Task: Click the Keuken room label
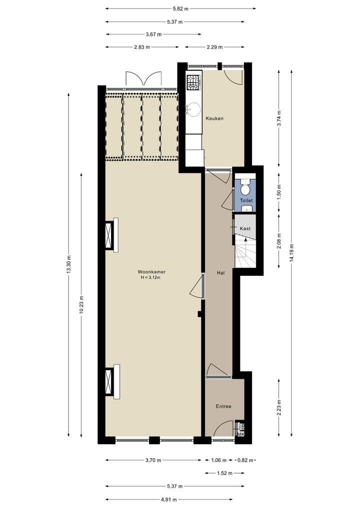coord(214,118)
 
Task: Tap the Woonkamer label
coord(152,272)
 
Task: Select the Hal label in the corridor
coord(220,273)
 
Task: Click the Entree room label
coord(223,406)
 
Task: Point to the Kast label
coord(245,228)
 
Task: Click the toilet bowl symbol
coord(245,189)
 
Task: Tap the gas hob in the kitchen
coord(193,81)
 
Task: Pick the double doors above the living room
coord(143,79)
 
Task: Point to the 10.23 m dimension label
coord(81,304)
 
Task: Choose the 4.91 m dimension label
coord(168,499)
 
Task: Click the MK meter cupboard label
coord(240,434)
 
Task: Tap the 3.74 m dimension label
coord(279,118)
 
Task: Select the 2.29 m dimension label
coord(214,47)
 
